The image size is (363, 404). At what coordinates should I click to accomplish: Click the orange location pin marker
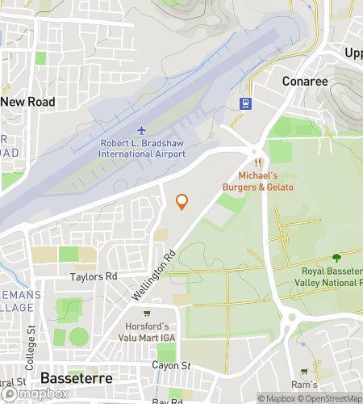[182, 202]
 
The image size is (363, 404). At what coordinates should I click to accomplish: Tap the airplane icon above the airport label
[142, 130]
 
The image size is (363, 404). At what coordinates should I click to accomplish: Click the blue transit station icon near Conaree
[245, 103]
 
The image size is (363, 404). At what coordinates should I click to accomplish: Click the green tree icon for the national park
[336, 257]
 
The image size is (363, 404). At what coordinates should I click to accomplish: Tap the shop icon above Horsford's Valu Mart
[146, 314]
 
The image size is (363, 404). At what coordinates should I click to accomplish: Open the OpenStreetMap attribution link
[327, 398]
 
